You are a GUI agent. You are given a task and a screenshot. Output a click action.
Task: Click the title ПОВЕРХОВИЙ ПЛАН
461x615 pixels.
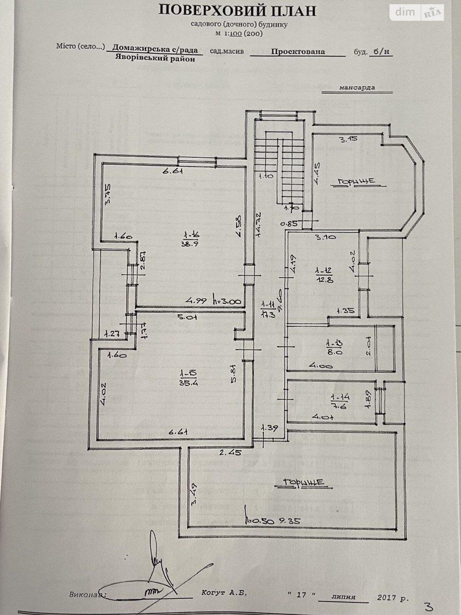(238, 10)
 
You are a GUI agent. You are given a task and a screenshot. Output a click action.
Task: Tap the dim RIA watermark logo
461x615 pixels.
(417, 13)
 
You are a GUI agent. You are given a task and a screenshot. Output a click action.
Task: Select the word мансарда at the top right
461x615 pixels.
(357, 88)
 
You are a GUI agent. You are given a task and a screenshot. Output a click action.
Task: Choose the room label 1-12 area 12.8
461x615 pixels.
(322, 275)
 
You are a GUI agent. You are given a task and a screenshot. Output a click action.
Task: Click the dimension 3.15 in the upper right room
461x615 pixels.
(349, 139)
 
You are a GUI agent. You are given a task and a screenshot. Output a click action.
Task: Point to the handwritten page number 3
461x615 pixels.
(429, 607)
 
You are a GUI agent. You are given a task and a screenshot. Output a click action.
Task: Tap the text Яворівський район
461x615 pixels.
(154, 58)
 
